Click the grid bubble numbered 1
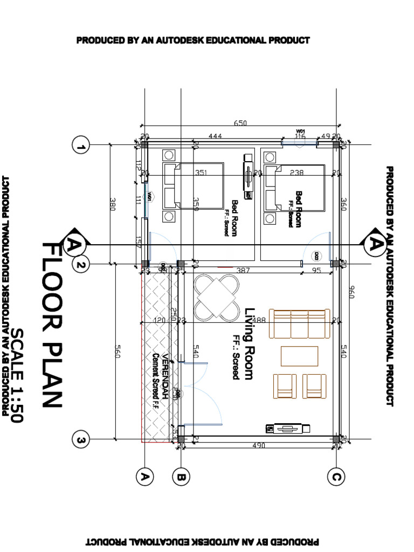click(x=81, y=146)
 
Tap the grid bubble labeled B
click(x=181, y=477)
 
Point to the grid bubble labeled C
click(x=336, y=477)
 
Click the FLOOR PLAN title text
click(x=54, y=323)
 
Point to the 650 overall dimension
click(x=240, y=123)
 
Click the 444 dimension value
click(x=215, y=137)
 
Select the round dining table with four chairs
click(x=217, y=297)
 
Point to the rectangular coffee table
click(x=299, y=356)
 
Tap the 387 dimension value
click(x=244, y=271)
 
